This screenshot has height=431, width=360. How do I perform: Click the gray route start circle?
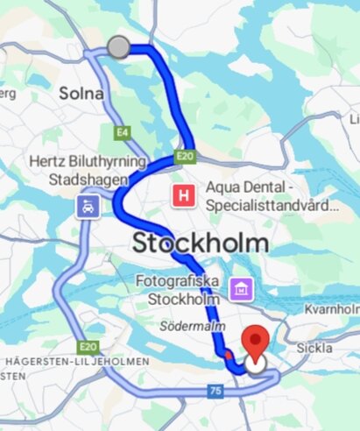[x=118, y=47]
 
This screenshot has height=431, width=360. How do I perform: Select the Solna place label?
[x=81, y=93]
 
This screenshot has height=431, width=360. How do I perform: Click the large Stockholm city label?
[x=200, y=243]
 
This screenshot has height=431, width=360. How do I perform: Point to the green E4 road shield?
[x=121, y=133]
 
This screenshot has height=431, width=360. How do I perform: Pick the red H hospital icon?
[x=183, y=195]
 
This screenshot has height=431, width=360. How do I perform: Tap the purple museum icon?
[x=239, y=287]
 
